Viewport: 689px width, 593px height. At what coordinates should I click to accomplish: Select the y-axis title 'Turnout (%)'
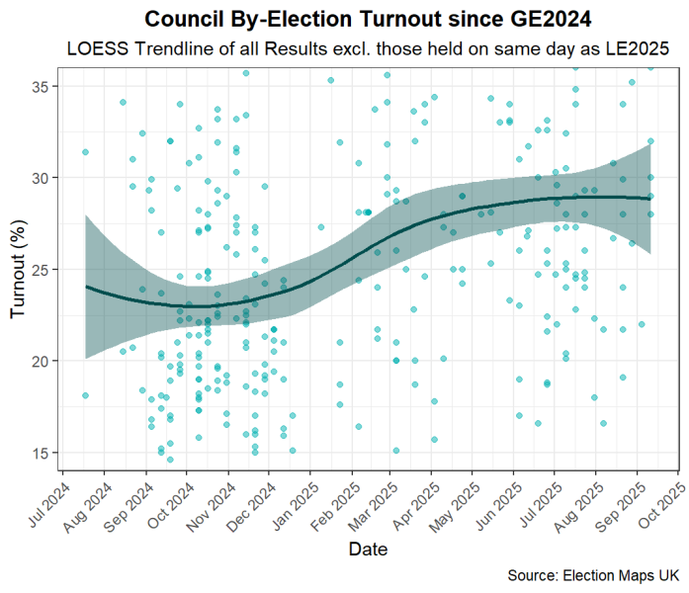click(18, 269)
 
